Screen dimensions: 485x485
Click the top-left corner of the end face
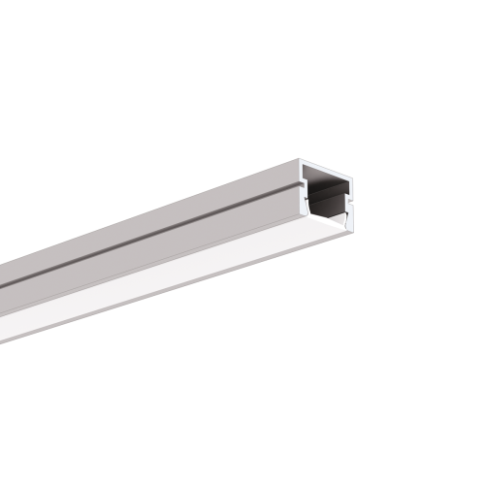pos(301,162)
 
